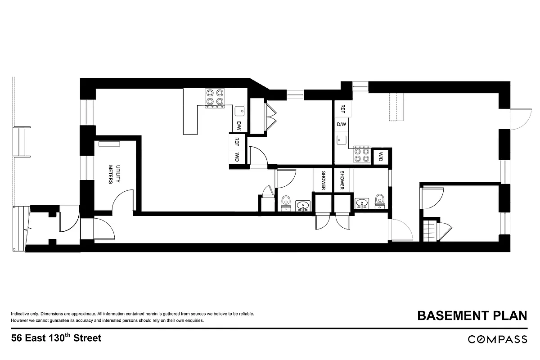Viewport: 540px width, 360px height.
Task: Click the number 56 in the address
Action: (x=17, y=338)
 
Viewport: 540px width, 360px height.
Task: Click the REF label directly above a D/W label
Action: (x=342, y=108)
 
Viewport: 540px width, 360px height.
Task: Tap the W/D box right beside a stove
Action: (x=381, y=157)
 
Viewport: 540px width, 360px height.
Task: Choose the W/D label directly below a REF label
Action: (x=237, y=157)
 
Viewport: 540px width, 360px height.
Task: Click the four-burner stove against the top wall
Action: (x=215, y=98)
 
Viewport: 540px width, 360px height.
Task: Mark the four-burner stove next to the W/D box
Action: (x=361, y=154)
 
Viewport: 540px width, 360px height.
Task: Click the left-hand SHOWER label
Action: (x=323, y=180)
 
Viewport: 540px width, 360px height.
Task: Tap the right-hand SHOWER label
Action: (x=342, y=180)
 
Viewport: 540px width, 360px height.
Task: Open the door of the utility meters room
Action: (x=122, y=200)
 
